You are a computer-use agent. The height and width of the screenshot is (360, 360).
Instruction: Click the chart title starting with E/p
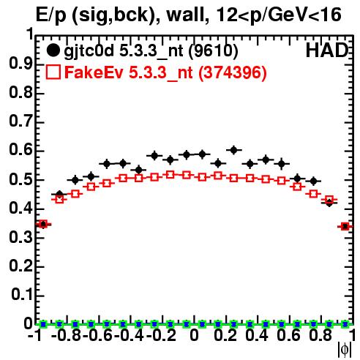click(188, 15)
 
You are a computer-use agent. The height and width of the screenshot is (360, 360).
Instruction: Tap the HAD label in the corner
click(327, 50)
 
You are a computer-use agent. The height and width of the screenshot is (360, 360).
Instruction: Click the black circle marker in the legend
click(53, 50)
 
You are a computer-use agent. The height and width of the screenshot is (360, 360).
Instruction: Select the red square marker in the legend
click(53, 72)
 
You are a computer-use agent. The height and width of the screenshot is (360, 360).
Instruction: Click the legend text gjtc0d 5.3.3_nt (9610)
click(151, 51)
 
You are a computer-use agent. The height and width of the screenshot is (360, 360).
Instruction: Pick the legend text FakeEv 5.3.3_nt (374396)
click(166, 72)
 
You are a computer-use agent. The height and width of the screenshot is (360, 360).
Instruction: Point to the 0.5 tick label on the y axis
click(20, 180)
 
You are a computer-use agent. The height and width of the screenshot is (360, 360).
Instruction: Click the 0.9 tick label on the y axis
click(20, 64)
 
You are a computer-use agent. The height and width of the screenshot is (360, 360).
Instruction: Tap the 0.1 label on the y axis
click(21, 295)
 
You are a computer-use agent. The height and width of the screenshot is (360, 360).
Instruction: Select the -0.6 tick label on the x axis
click(97, 336)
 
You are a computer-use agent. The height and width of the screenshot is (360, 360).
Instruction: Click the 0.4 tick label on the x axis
click(257, 336)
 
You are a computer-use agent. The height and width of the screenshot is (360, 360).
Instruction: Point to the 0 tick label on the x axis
click(194, 336)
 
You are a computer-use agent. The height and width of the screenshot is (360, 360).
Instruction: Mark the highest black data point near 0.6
click(233, 150)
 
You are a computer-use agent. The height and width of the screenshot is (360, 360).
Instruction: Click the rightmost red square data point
click(345, 227)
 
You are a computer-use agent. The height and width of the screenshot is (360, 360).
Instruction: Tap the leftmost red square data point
click(43, 224)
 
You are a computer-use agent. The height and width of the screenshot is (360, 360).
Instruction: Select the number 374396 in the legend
click(233, 72)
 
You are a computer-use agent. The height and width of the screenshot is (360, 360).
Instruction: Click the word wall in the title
click(187, 15)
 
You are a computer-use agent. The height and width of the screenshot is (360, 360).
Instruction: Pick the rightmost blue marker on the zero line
click(345, 324)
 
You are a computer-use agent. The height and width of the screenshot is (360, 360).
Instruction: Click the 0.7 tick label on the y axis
click(20, 121)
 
